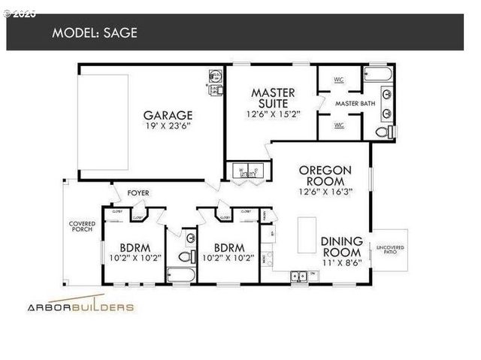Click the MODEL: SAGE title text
(x=95, y=32)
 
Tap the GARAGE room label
(x=168, y=115)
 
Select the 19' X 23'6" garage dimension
(x=168, y=127)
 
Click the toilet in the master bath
(x=383, y=133)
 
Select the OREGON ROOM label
(x=322, y=175)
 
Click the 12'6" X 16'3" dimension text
(x=322, y=191)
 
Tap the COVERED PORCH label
(x=81, y=227)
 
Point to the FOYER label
(x=138, y=193)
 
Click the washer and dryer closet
(x=247, y=172)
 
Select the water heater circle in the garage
(x=214, y=76)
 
